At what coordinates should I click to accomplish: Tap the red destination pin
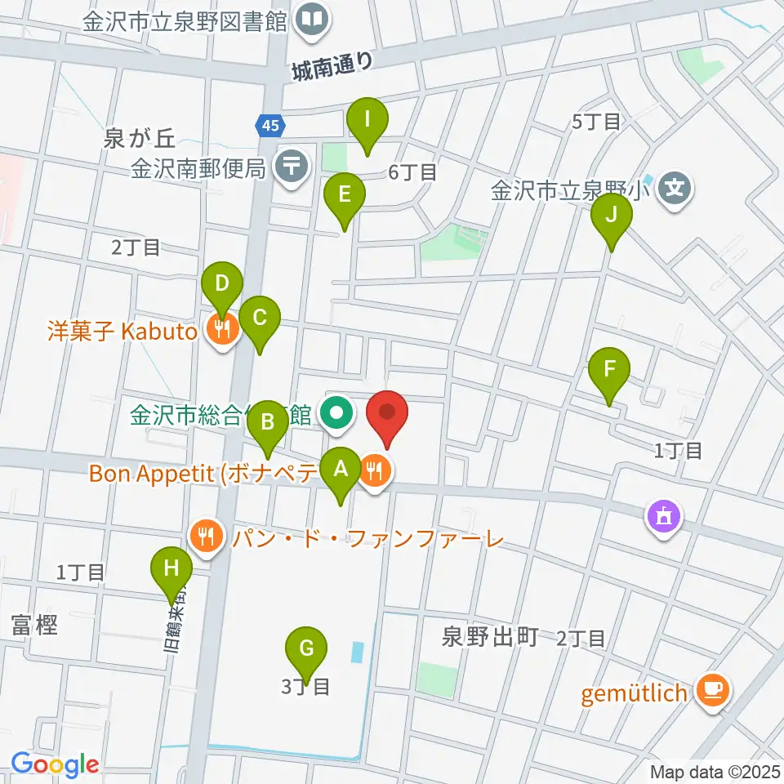[x=387, y=416]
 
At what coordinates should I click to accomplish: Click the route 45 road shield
[x=270, y=125]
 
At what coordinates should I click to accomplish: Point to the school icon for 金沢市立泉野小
[x=675, y=192]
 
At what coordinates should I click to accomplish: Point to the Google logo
[x=55, y=765]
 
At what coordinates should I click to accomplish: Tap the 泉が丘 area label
[x=136, y=140]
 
